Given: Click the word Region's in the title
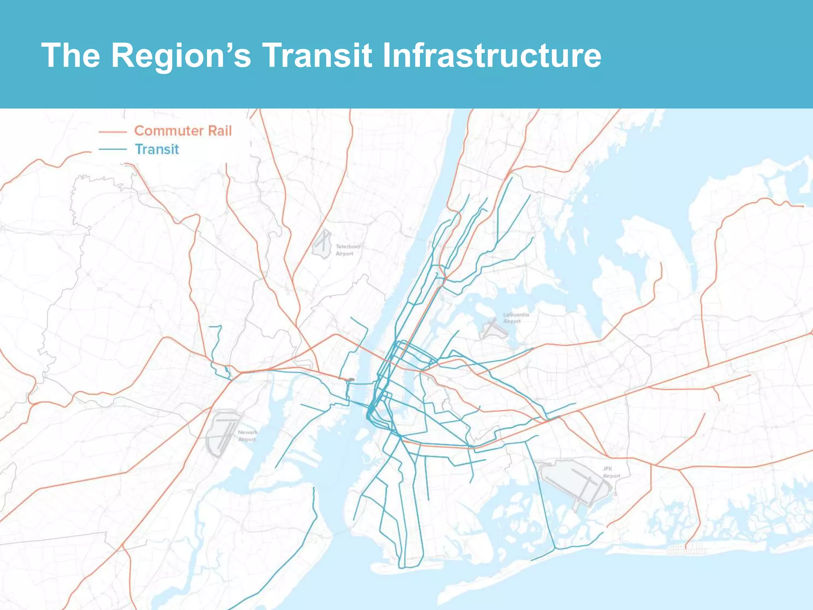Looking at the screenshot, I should [181, 55].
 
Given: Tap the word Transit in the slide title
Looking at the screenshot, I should [317, 55].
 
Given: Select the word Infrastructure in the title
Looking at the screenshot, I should [491, 55].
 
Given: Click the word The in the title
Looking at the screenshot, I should [70, 55].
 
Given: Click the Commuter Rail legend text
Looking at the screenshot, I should [183, 131].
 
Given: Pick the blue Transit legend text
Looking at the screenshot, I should [157, 149].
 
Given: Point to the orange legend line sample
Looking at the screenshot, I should [112, 131].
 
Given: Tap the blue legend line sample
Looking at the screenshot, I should [112, 149].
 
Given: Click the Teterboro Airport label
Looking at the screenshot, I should [347, 250].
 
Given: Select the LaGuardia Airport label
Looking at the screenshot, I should [516, 318].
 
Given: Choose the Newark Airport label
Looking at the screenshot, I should [247, 436].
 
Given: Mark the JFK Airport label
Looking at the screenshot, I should [611, 472].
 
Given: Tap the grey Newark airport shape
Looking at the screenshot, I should [222, 433].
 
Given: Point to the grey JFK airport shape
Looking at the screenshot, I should [576, 483].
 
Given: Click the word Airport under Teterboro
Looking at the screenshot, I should [344, 254].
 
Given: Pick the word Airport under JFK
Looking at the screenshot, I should [611, 476].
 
